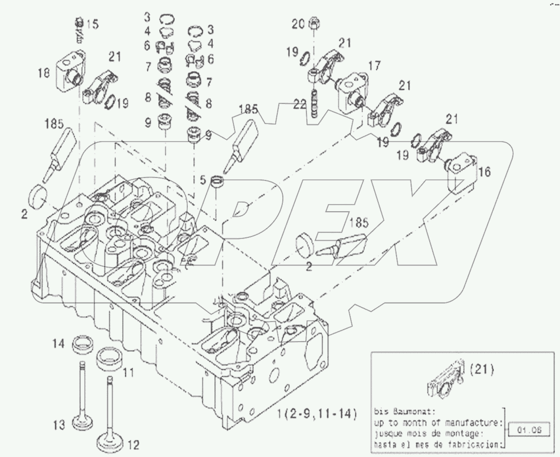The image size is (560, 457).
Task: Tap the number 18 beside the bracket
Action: (44, 72)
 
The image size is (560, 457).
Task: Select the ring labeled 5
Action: (218, 182)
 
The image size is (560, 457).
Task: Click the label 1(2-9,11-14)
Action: (317, 413)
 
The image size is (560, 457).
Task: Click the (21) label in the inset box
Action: (481, 370)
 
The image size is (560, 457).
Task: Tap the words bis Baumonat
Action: (397, 412)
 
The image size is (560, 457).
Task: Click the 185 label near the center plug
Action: (359, 222)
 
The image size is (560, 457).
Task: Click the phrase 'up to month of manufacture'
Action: (437, 423)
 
